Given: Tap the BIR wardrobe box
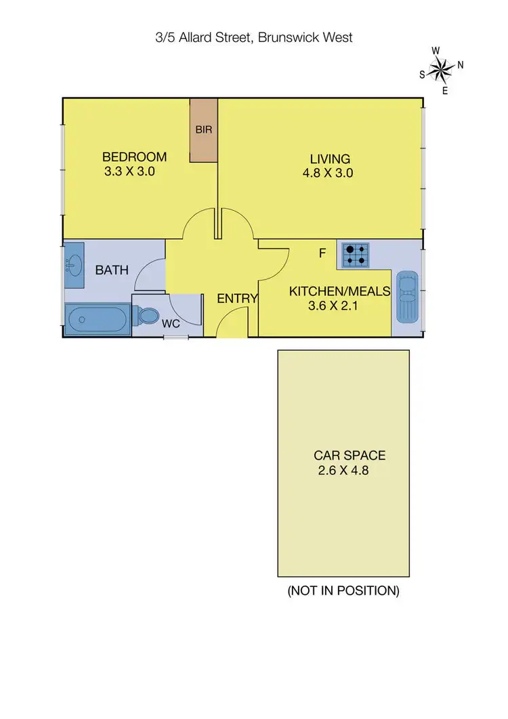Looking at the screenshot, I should (x=203, y=130).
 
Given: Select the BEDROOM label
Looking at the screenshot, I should (x=135, y=157).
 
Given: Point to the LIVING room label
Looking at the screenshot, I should (x=331, y=159).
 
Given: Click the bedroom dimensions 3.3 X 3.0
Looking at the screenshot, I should (x=130, y=172).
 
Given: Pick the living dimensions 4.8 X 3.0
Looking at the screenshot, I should (x=328, y=173).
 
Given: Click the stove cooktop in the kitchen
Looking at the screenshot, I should (x=356, y=254).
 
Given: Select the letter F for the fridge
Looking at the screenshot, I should (x=323, y=253).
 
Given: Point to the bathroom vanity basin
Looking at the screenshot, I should (x=74, y=262).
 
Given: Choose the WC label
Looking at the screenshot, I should (x=171, y=324).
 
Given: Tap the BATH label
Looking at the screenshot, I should (x=112, y=270).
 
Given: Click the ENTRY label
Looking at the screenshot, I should (x=237, y=298).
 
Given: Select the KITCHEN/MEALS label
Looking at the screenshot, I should (x=340, y=291).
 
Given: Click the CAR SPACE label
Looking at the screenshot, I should (x=350, y=456).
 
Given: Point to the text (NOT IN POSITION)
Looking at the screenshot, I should (x=343, y=591).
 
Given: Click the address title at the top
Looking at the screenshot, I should (x=254, y=38).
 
